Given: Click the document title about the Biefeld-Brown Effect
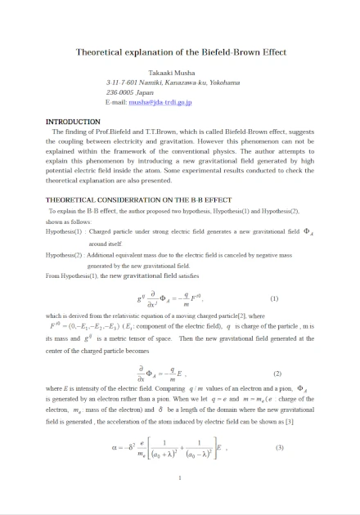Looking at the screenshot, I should point(181,51).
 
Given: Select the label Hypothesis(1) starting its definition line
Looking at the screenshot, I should point(65,231).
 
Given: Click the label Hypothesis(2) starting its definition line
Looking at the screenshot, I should point(65,255).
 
